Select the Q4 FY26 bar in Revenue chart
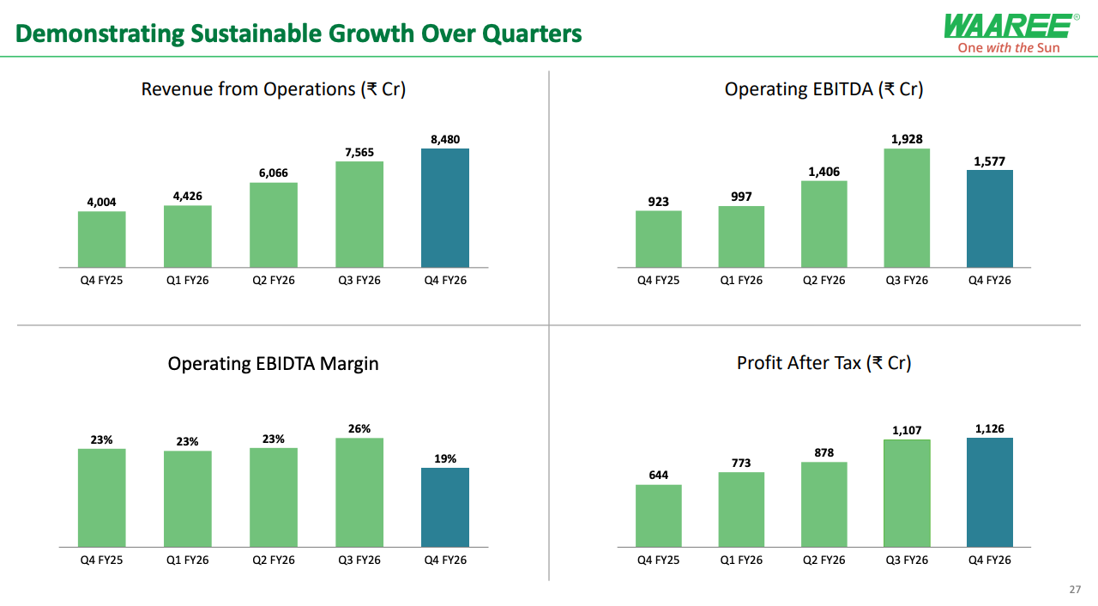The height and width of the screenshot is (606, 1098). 445,208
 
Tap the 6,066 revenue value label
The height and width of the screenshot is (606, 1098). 274,173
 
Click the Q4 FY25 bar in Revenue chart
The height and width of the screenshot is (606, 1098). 102,239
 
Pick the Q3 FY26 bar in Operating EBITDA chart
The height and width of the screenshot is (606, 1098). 907,208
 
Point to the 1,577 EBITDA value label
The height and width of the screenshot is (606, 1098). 990,161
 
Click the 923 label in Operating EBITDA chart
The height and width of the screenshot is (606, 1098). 659,202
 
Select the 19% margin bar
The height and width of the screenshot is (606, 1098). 445,507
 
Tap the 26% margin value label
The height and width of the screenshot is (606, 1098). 359,428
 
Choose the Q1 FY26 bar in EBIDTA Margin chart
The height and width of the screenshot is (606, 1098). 188,499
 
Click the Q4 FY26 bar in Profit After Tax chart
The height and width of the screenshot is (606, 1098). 990,493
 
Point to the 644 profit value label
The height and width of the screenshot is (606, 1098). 659,475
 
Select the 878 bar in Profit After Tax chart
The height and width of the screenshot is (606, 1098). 824,505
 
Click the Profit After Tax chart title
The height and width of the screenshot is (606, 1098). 823,363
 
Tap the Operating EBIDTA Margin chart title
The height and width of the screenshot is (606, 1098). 273,363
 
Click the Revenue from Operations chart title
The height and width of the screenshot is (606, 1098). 273,89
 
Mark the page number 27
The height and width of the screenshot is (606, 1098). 1075,590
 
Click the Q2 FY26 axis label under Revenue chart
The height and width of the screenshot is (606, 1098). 274,281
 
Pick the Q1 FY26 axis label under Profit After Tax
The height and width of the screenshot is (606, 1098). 741,561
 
